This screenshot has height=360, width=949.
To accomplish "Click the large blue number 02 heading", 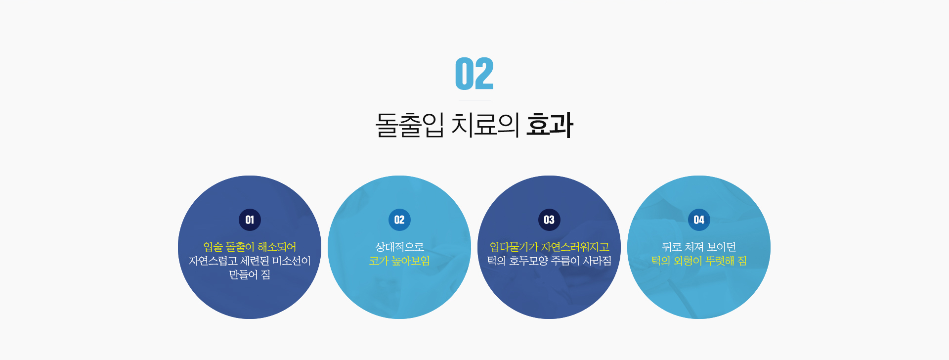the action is click(474, 74).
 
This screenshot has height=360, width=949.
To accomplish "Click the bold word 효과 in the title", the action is click(550, 125).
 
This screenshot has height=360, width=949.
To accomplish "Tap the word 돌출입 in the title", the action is click(410, 125).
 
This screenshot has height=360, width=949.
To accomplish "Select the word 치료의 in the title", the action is click(485, 125).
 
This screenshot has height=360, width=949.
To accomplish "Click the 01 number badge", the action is click(250, 220).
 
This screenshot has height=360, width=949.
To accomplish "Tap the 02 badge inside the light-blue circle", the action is click(399, 220).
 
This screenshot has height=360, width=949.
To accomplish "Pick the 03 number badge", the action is click(549, 220).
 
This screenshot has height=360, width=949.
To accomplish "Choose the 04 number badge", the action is click(699, 220).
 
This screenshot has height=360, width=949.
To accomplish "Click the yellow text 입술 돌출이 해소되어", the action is click(250, 247).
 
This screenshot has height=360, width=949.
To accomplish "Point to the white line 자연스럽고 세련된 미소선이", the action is click(250, 261).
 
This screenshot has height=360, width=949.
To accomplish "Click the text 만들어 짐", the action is click(250, 274).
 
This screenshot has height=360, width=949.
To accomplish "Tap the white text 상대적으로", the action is click(399, 247).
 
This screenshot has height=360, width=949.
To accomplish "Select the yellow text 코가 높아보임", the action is click(399, 261).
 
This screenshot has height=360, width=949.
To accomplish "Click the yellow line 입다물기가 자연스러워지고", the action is click(549, 247).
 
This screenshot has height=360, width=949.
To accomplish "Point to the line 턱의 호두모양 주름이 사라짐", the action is click(549, 261).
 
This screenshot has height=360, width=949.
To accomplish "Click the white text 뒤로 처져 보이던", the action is click(699, 247).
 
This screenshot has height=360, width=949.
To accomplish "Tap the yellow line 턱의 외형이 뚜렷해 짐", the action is click(699, 261).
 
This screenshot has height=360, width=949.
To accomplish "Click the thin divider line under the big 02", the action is click(474, 100).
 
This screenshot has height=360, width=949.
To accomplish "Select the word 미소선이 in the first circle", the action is click(291, 261).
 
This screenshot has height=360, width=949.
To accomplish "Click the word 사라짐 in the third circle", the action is click(597, 261).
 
